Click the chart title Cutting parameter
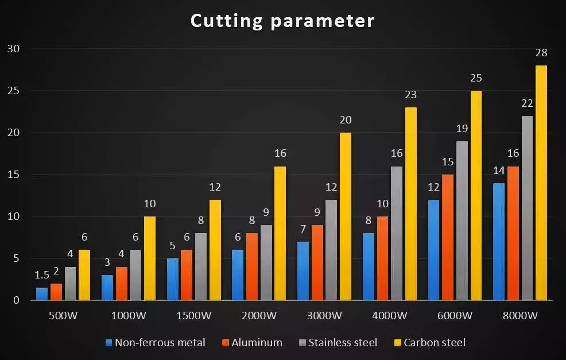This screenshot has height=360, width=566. pos(282,21)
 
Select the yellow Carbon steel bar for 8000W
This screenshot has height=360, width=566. pos(541,183)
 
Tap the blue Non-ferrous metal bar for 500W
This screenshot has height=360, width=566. pos(42,294)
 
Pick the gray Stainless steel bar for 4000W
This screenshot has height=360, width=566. pos(397,233)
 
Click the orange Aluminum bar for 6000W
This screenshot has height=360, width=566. pos(448,237)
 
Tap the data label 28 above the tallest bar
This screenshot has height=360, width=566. pos(541,53)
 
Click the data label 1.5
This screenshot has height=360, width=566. pos(42,276)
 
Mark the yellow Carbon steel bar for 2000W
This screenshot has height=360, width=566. pos(280,233)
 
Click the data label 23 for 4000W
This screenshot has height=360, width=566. pos(410,95)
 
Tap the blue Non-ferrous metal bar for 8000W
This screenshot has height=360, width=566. pos(499,242)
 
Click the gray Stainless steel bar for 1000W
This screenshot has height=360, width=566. pos(135,275)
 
